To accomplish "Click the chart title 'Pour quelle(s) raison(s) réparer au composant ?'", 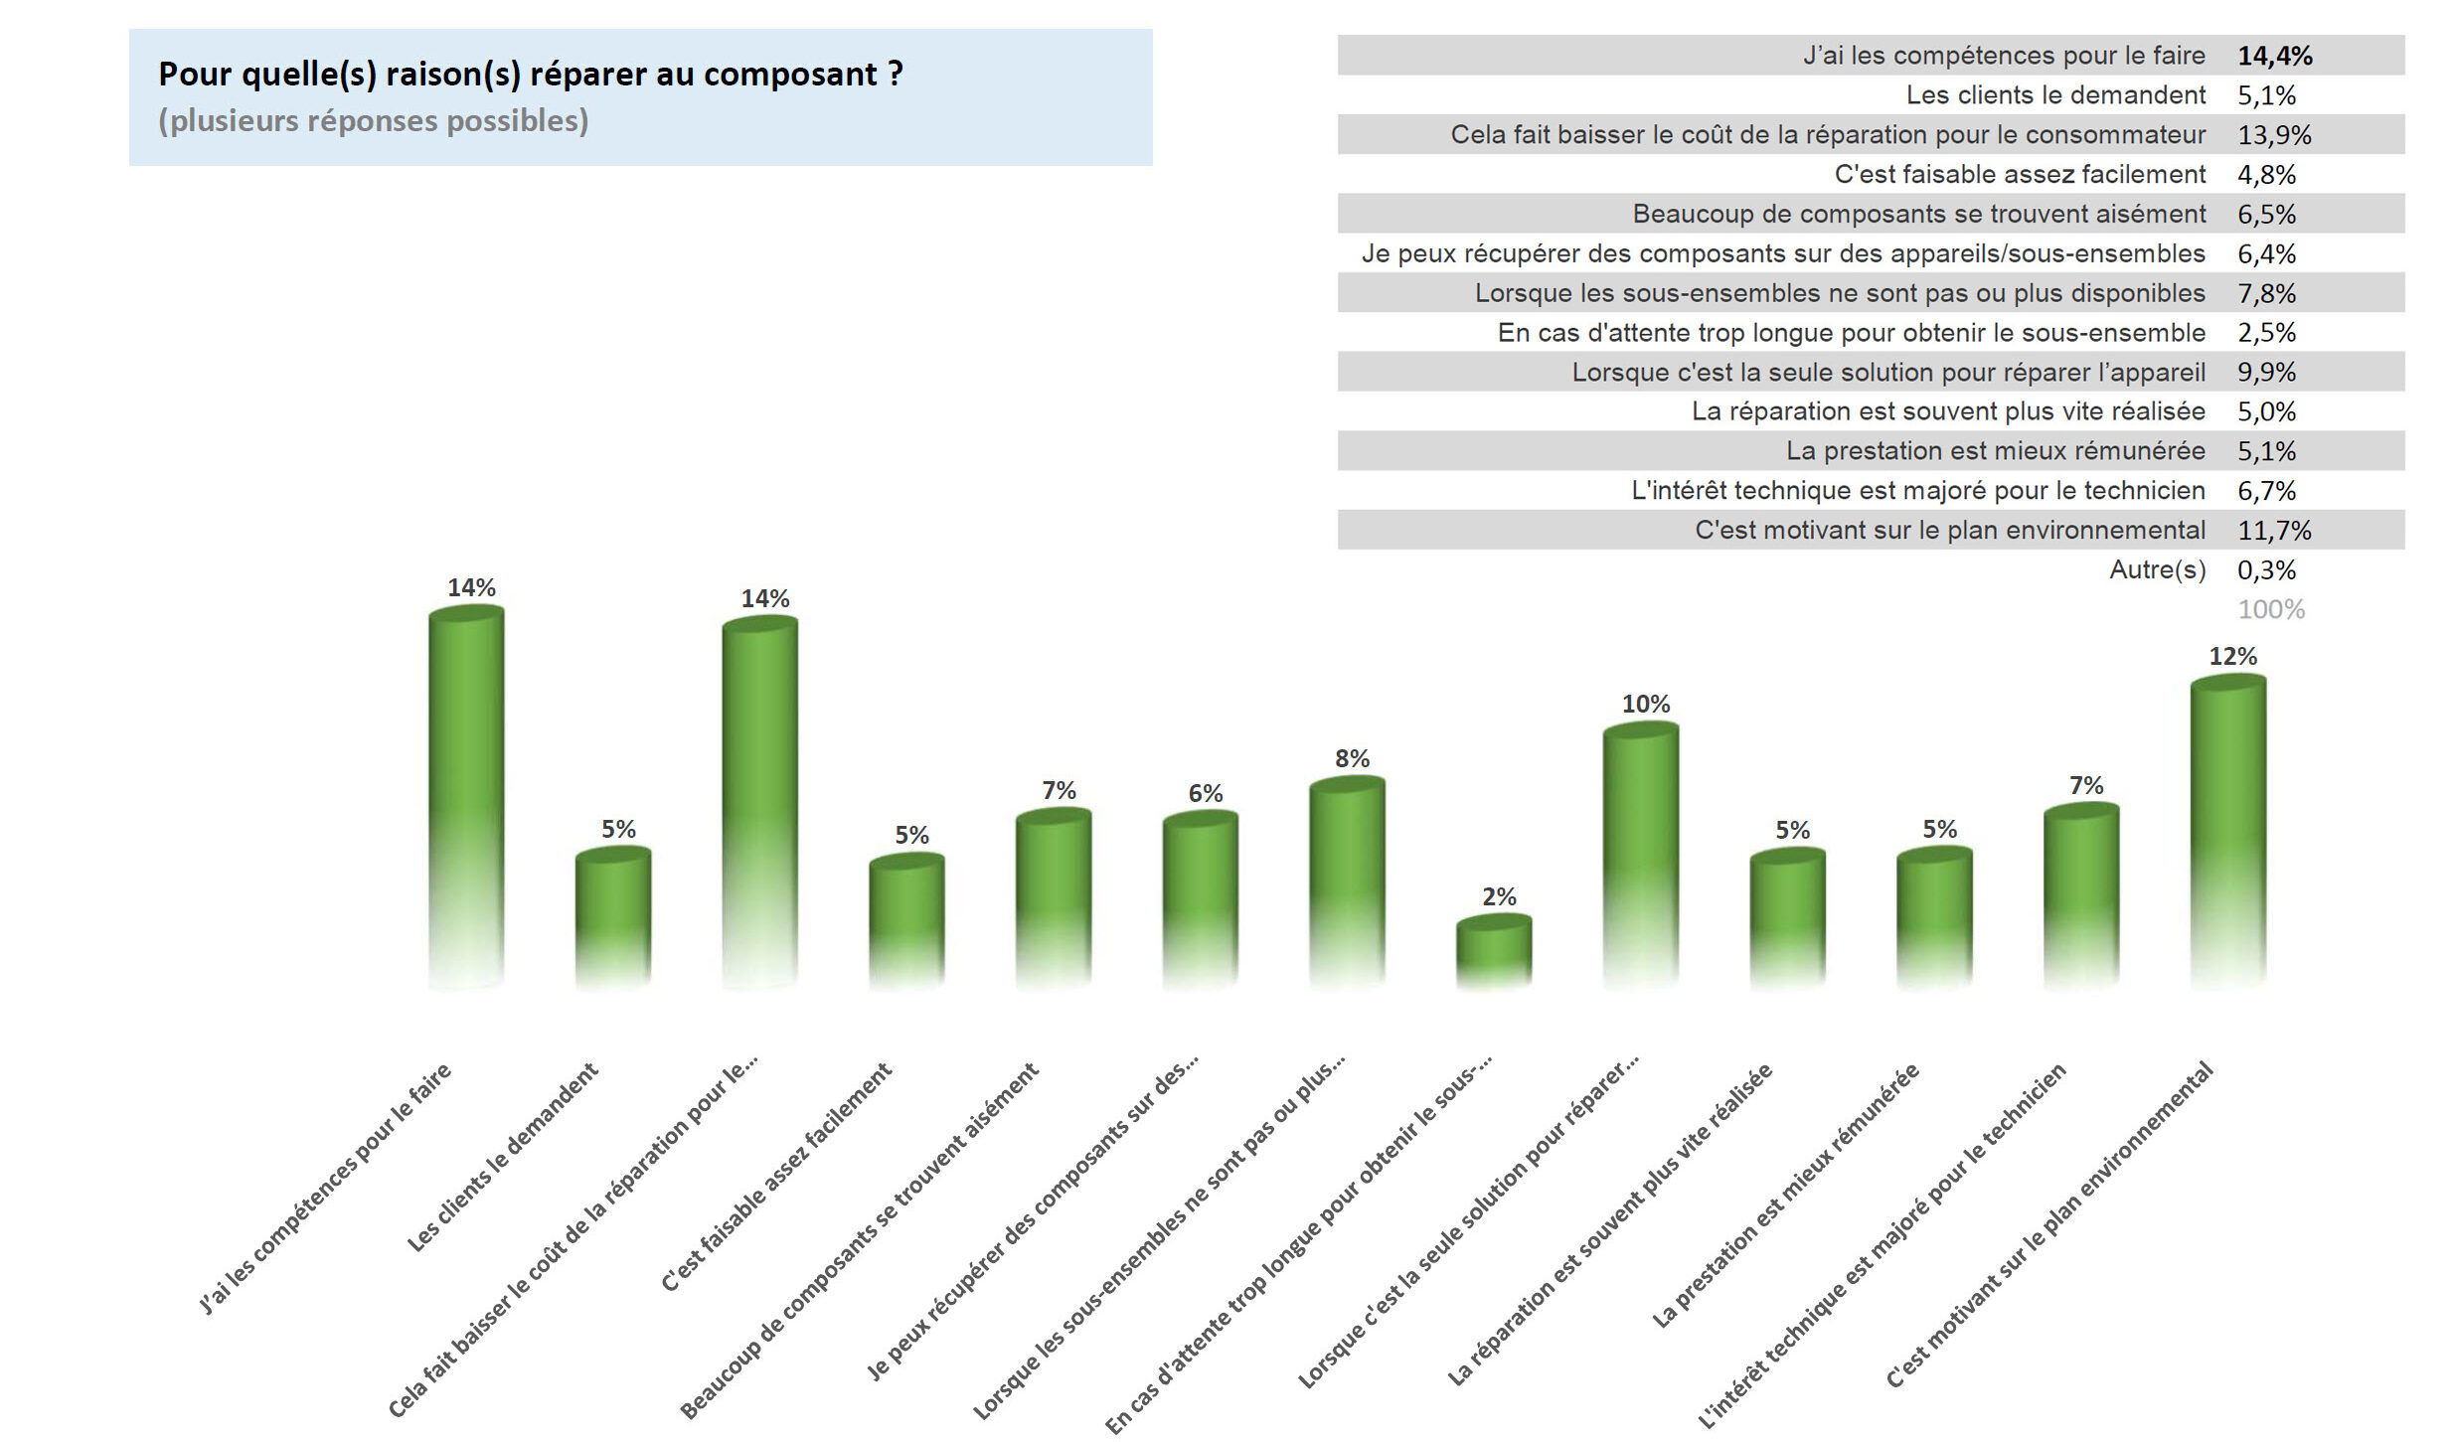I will click(x=531, y=75).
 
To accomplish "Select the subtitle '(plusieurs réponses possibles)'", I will click(x=374, y=121).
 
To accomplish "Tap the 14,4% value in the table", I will click(x=2273, y=56).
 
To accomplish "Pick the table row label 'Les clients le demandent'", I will click(x=2054, y=95).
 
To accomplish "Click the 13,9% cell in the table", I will click(x=2273, y=135).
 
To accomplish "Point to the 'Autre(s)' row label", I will click(x=2157, y=570).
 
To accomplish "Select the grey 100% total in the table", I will click(x=2270, y=610).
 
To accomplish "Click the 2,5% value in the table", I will click(x=2266, y=333).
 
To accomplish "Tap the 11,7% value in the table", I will click(x=2273, y=531).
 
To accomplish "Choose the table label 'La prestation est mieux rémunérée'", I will click(x=1995, y=451).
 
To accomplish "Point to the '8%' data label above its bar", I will click(x=1352, y=759).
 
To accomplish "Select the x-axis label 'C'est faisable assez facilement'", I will click(x=777, y=1178).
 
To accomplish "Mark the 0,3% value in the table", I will click(x=2266, y=570).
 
